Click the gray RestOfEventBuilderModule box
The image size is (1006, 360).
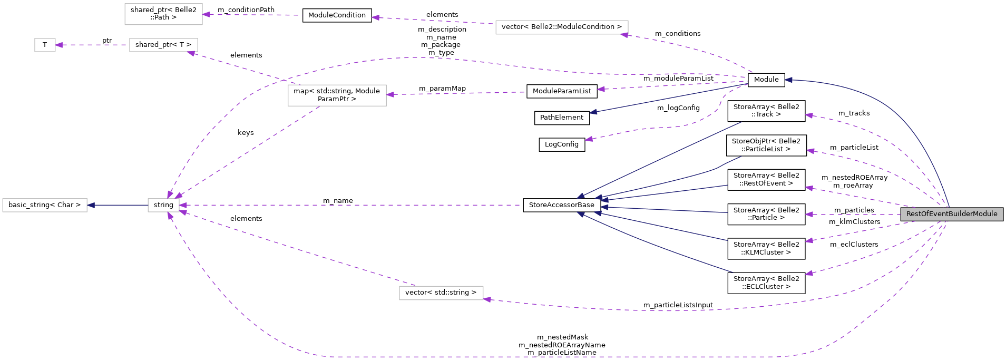[x=951, y=214]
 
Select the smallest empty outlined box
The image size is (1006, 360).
[x=45, y=45]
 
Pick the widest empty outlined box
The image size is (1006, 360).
[x=562, y=27]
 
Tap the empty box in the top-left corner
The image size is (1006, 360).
[x=163, y=14]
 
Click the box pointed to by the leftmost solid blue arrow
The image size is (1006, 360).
[x=45, y=205]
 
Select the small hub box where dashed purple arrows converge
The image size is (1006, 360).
[x=163, y=205]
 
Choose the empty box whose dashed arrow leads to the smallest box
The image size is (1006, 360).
[x=163, y=45]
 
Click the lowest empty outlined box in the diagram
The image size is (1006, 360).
[x=441, y=293]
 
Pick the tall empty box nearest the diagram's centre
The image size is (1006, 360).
[x=337, y=95]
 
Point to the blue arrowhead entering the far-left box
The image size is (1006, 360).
[x=91, y=205]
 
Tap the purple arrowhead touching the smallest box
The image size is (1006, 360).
[x=59, y=45]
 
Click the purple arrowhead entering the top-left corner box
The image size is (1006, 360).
[x=206, y=14]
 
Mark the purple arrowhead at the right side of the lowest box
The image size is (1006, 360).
[x=487, y=299]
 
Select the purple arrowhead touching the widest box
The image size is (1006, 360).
[x=624, y=35]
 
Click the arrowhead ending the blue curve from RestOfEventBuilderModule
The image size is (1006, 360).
[x=788, y=80]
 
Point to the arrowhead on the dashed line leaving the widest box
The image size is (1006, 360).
[x=375, y=17]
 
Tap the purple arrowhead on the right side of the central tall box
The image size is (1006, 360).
[x=390, y=95]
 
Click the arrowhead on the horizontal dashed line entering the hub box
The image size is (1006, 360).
[x=183, y=205]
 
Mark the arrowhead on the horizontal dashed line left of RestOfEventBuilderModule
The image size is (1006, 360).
[x=809, y=215]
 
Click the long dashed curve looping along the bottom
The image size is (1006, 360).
[x=527, y=357]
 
